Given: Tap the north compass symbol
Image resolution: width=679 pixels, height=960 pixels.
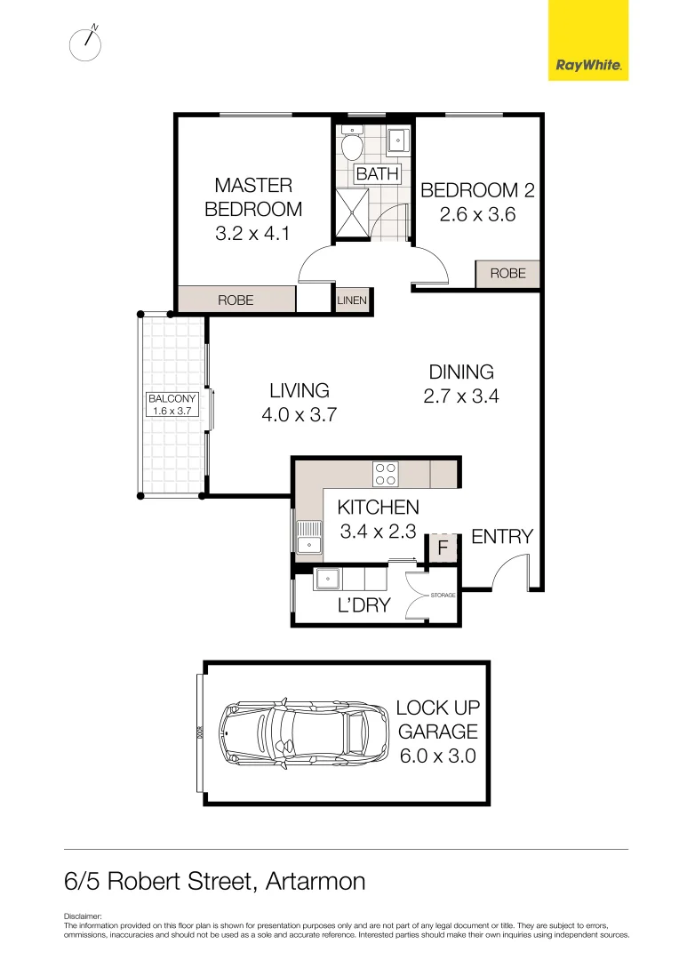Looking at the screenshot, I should [85, 44].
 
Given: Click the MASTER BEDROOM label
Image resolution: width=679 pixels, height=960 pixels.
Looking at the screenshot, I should [253, 196].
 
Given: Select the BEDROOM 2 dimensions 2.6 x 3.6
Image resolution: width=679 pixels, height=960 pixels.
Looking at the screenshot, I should [477, 214].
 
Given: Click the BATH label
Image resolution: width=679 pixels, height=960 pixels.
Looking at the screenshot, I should [378, 173].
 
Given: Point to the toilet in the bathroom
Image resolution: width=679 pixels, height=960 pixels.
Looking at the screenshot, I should [352, 144].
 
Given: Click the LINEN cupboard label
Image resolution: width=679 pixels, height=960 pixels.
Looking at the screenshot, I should [352, 300].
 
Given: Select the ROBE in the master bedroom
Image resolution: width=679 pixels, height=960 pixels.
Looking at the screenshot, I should [236, 300].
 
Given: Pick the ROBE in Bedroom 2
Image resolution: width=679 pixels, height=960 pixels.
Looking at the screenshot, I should [507, 274].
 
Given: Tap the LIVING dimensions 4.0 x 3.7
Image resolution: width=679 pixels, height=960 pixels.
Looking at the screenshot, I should [299, 414].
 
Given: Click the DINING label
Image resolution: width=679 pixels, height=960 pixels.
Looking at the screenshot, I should [461, 372].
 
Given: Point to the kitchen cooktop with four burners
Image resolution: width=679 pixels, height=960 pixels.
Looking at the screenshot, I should [385, 474].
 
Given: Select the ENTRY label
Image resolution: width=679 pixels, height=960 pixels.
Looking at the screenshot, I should [501, 536].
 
